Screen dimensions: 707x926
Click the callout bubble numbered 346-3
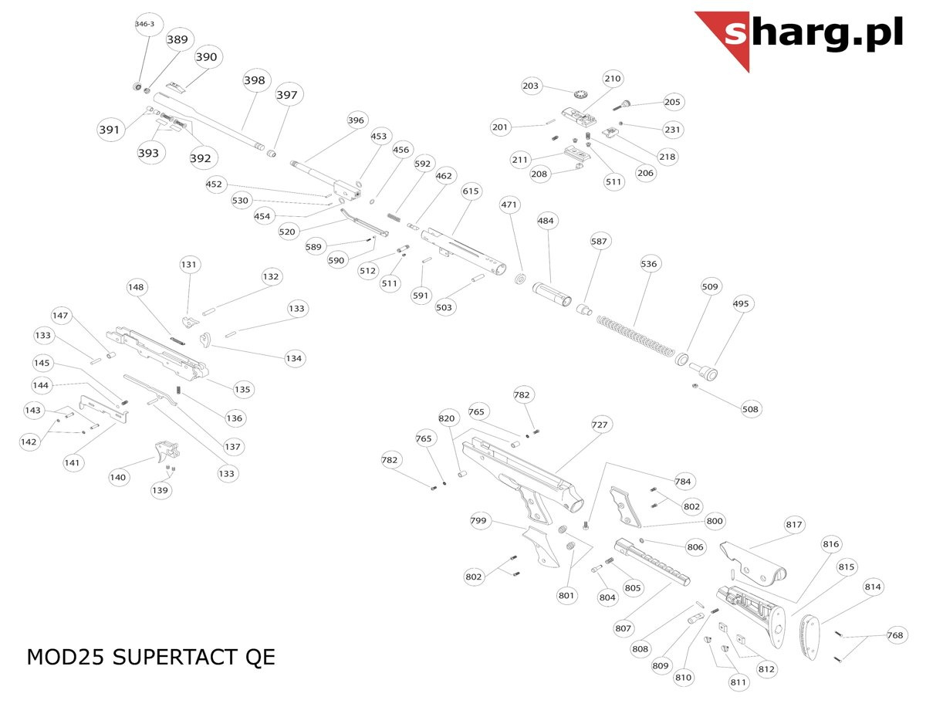tap(144, 25)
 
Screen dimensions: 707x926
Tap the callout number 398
tap(254, 80)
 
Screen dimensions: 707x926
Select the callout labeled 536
tap(649, 264)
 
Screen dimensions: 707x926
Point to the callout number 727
tap(600, 425)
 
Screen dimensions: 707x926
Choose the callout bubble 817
tap(794, 525)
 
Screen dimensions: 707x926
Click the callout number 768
tap(894, 636)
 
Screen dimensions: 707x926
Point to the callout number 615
tap(471, 191)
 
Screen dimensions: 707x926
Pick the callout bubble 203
tap(531, 86)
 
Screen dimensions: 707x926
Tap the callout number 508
tap(750, 408)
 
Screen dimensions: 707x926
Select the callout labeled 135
tap(244, 390)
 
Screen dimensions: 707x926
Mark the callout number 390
tap(206, 57)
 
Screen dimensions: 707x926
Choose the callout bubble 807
tap(624, 628)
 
